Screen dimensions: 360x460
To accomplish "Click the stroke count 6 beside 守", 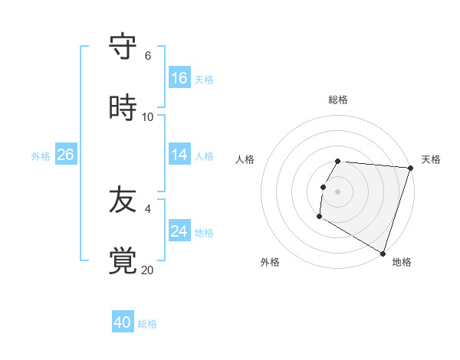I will point(148,56).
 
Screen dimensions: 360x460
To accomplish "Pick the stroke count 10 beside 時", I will point(148,117).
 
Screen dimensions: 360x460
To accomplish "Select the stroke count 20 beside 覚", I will point(148,270).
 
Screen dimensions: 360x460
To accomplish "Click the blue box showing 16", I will point(179,78).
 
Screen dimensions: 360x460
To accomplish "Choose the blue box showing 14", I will point(179,155).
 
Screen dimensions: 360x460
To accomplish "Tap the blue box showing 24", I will point(179,231).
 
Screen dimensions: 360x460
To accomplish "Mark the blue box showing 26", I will point(65,155).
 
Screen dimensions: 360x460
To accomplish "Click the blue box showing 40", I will point(123,322).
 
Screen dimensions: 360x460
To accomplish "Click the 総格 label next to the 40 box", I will point(147,324).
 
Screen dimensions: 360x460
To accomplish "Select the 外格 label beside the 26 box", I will point(41,156).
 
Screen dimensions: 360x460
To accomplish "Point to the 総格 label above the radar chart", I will point(338,100).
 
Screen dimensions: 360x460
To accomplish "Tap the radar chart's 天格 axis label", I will point(431,159).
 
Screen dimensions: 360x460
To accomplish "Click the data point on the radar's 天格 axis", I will point(410,168).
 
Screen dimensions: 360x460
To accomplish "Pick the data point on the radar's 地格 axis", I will point(383,253).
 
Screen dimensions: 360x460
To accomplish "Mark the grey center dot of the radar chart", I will point(338,191).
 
